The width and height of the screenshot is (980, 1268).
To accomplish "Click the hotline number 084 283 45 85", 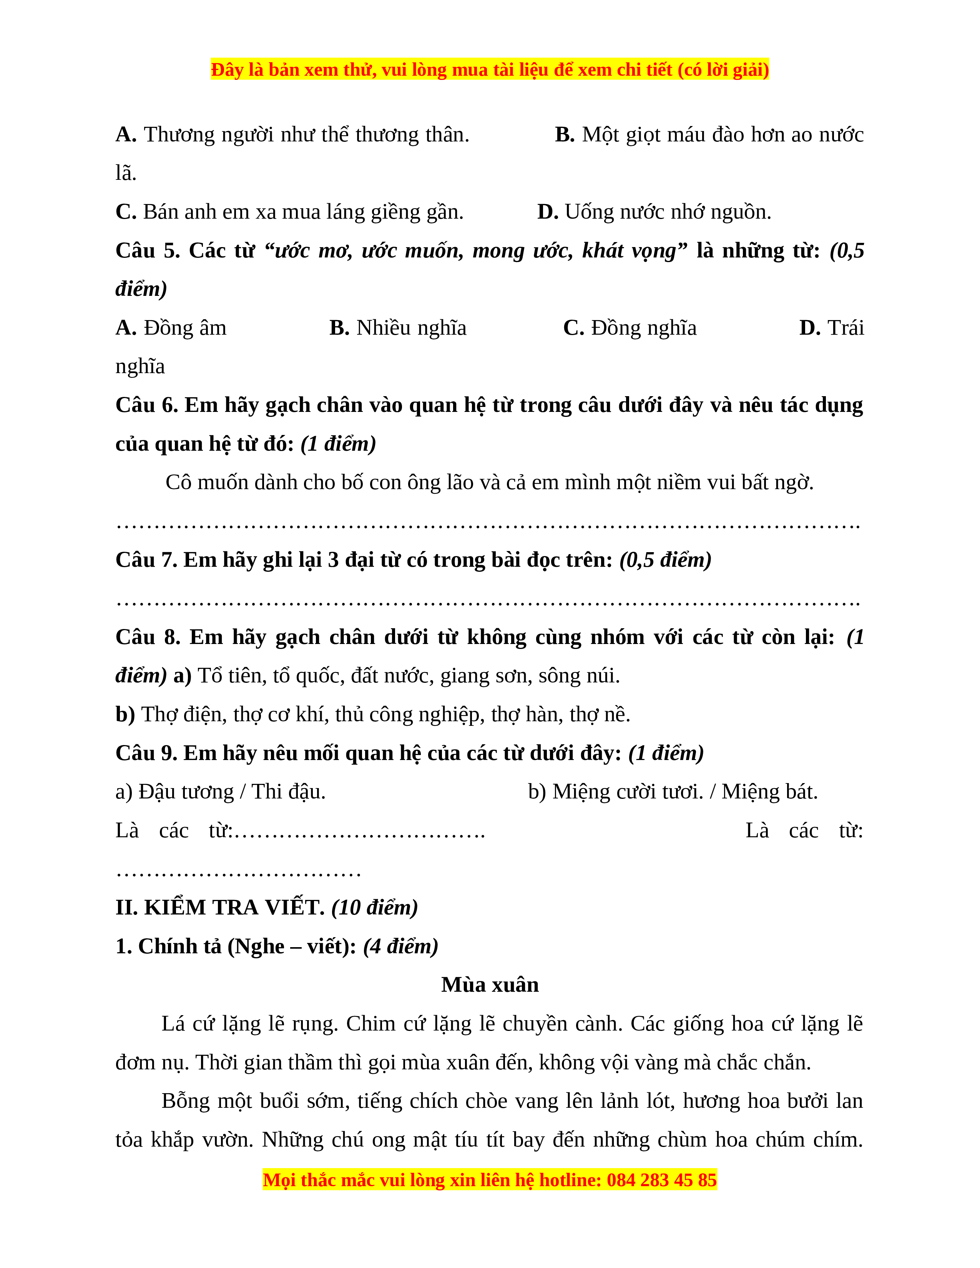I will [x=661, y=1180].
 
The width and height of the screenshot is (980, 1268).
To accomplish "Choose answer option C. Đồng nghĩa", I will [x=630, y=328].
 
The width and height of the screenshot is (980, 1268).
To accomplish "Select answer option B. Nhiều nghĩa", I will [x=398, y=328].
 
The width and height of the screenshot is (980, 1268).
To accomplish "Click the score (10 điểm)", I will [x=374, y=908].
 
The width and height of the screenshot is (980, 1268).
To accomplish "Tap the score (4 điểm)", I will [x=400, y=946].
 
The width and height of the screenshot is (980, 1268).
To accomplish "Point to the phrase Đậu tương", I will [x=186, y=792].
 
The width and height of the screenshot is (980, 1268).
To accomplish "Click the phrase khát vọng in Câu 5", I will [x=630, y=251].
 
